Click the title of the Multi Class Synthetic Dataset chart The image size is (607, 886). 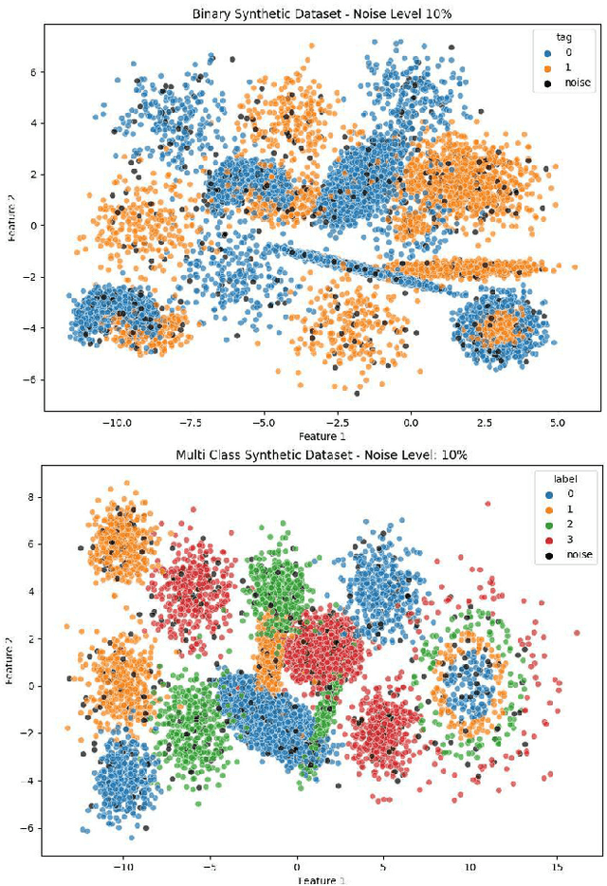322,455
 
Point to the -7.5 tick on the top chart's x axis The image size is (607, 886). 190,422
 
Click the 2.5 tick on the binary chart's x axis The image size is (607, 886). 484,422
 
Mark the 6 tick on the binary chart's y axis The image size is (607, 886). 33,72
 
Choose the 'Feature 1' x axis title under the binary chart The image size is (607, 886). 322,435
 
